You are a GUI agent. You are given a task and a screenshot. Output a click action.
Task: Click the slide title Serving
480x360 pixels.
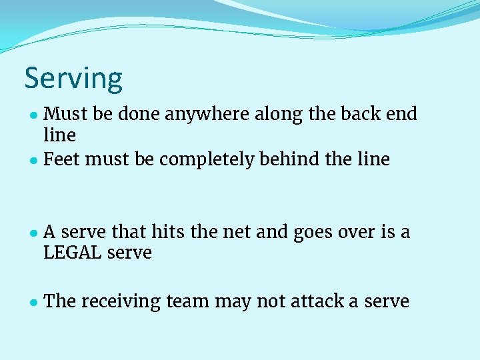[x=73, y=79]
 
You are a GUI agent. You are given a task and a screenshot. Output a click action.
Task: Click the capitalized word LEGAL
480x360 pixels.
[x=74, y=253]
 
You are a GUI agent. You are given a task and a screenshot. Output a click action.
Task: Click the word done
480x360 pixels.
[x=141, y=114]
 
